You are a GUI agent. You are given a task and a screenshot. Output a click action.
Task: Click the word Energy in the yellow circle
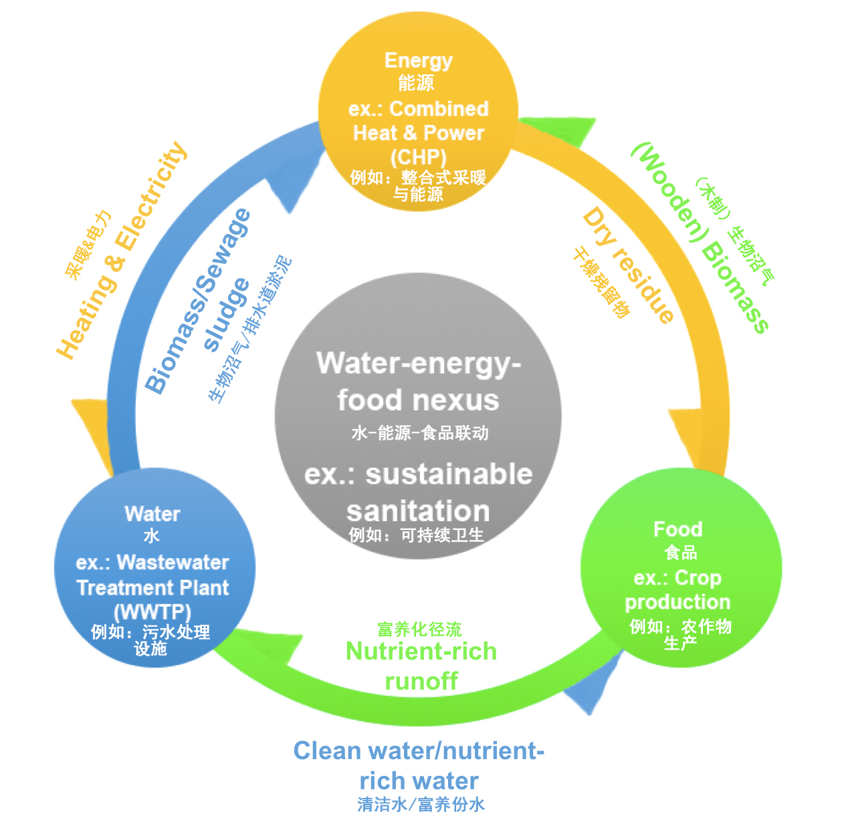(x=418, y=61)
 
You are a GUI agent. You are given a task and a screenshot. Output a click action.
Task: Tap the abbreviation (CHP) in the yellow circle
(x=418, y=158)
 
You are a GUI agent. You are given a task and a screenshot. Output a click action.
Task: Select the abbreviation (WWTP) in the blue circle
(x=152, y=611)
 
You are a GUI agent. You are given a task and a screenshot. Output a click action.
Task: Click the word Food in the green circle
(x=677, y=529)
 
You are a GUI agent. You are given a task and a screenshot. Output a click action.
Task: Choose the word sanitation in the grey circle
(x=418, y=511)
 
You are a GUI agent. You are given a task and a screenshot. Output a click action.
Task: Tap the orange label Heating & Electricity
(x=122, y=251)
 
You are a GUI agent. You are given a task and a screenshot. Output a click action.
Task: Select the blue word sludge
(x=227, y=314)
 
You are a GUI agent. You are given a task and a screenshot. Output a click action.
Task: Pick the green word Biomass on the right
(x=736, y=287)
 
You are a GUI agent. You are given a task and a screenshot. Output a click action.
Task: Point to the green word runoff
(x=421, y=682)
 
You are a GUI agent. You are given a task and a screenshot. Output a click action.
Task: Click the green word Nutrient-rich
(x=421, y=651)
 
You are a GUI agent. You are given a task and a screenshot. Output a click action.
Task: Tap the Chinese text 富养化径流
(x=419, y=630)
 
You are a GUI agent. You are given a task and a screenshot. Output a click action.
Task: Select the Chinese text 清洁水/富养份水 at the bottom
(x=421, y=805)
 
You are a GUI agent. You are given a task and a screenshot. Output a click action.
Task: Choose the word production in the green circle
(x=677, y=602)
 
